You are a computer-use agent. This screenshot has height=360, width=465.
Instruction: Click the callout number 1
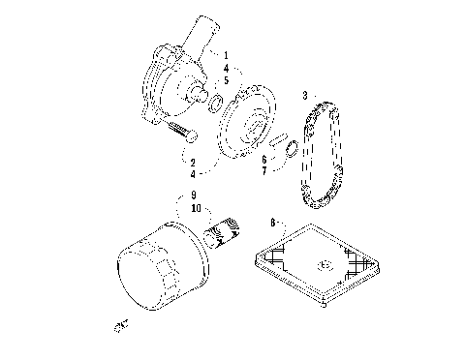click(226, 57)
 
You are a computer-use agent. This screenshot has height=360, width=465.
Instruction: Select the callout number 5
click(226, 82)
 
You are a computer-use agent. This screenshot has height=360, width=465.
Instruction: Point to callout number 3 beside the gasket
click(305, 96)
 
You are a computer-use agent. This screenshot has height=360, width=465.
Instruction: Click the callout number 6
click(263, 158)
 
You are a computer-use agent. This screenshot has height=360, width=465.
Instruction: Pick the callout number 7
click(263, 170)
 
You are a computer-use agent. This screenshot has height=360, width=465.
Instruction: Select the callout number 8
click(274, 222)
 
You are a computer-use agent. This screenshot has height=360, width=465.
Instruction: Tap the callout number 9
click(195, 195)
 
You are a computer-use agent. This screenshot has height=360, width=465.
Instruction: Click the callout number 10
click(196, 208)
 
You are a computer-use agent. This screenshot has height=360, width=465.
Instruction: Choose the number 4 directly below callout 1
click(226, 70)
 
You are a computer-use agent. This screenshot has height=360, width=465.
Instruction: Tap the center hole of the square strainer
click(325, 264)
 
